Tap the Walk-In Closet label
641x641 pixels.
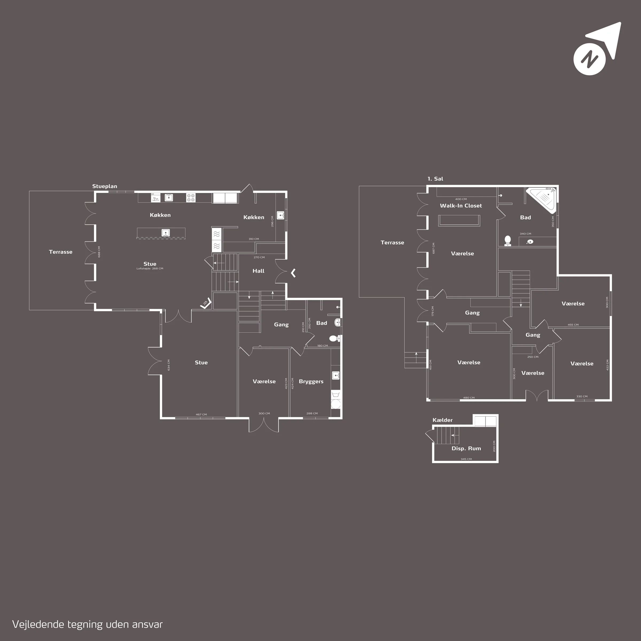coord(461,206)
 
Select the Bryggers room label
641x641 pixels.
coord(311,382)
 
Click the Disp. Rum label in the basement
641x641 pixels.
coord(466,449)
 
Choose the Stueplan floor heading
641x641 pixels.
coord(104,186)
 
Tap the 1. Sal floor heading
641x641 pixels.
coord(435,179)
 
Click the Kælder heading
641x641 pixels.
coord(443,420)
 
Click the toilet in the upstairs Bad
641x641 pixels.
coord(508,241)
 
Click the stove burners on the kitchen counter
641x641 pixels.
coord(191,198)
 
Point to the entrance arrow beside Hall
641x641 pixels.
coord(293,273)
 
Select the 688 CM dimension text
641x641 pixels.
coord(99,252)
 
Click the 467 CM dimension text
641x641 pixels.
coord(201,415)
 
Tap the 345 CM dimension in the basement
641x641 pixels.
coord(466,459)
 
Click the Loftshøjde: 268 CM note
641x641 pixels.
coord(150,269)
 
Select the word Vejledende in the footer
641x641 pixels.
coord(38,624)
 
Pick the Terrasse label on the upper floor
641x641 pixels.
coord(393,243)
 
